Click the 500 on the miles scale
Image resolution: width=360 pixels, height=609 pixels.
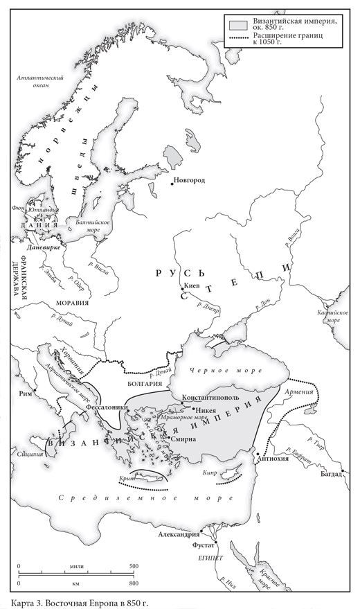click(x=133, y=566)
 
